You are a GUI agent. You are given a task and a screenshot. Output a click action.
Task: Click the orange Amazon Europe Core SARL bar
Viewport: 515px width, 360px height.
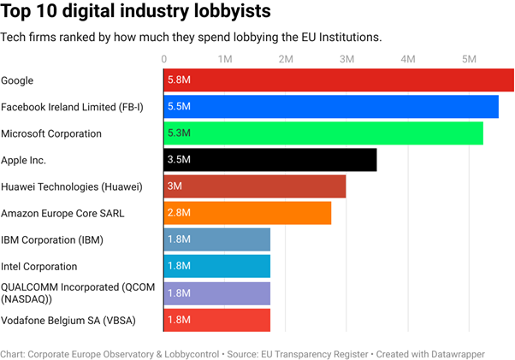coord(247,213)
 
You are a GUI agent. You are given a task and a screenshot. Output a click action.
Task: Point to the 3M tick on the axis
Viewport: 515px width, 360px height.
coord(346,59)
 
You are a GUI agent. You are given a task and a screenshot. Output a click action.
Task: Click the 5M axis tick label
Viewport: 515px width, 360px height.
coord(468,59)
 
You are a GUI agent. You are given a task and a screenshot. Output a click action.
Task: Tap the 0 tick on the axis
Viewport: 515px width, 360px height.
coord(164,59)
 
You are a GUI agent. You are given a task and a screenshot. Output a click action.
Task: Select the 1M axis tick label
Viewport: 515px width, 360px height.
coord(225,59)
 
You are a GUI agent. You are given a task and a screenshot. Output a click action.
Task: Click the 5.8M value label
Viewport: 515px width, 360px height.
coord(179,80)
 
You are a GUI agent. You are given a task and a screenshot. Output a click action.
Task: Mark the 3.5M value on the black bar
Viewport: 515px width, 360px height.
coord(179,160)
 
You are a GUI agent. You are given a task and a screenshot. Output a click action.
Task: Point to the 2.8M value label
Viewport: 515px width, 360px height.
coord(179,213)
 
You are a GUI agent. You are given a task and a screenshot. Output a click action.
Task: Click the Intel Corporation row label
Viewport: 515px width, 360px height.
coord(39,266)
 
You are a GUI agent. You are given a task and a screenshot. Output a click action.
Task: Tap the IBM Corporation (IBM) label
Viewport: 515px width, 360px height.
coord(52,239)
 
